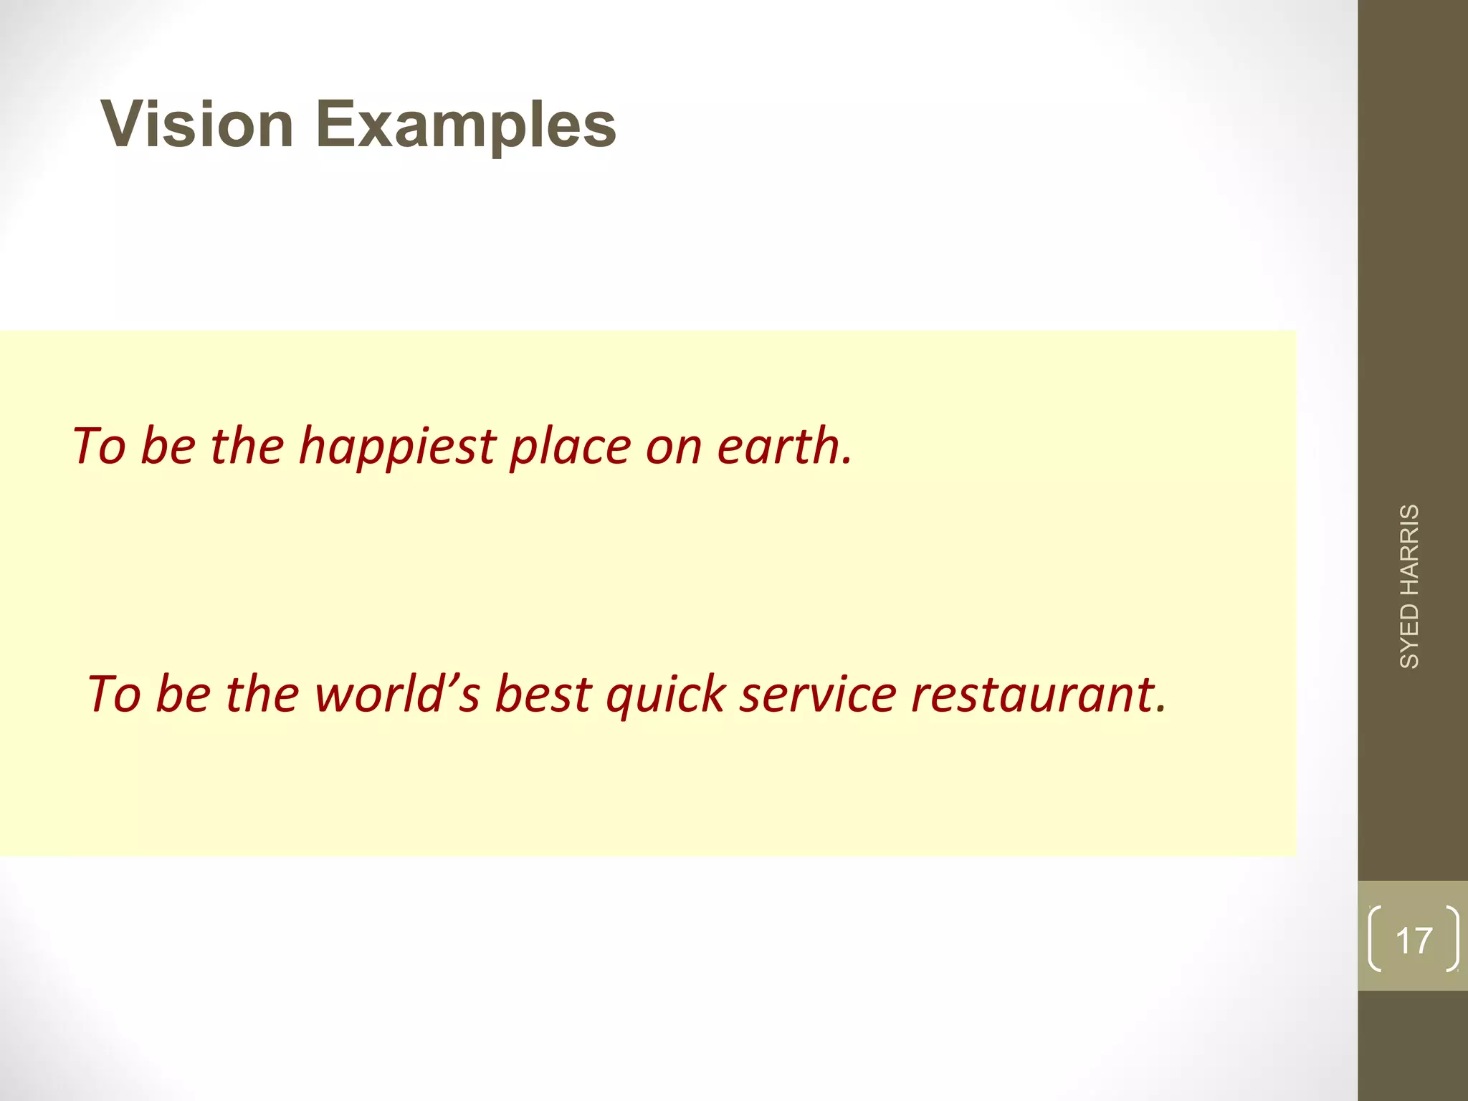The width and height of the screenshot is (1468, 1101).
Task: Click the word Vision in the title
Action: tap(198, 125)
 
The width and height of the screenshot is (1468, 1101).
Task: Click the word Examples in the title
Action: tap(466, 126)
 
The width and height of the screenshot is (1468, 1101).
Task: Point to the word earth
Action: tap(784, 446)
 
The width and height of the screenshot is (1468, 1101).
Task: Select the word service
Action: tap(818, 695)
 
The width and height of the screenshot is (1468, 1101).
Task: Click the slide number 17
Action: tap(1414, 940)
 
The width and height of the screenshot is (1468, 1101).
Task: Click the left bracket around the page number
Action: tap(1374, 939)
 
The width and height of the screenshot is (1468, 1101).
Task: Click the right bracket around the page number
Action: tap(1452, 939)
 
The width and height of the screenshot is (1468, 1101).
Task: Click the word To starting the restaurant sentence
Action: tap(114, 695)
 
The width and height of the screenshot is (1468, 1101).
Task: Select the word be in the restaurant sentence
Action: tap(183, 695)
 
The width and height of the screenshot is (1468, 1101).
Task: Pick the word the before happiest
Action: tap(247, 446)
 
